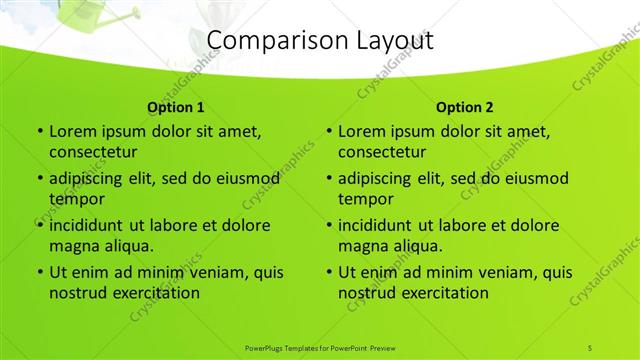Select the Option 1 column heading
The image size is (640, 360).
coord(175,107)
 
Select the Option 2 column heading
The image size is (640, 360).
coord(465,107)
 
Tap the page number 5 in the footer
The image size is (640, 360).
coord(590,347)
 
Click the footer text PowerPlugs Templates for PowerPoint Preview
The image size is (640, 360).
coord(319,347)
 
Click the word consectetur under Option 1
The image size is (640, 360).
coord(93,152)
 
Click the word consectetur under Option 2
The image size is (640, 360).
coord(383,152)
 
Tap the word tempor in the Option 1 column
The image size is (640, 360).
coord(76,198)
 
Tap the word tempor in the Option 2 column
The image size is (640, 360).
coord(366,198)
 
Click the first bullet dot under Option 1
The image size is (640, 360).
coord(39,131)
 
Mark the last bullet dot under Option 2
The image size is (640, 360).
coord(329,273)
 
